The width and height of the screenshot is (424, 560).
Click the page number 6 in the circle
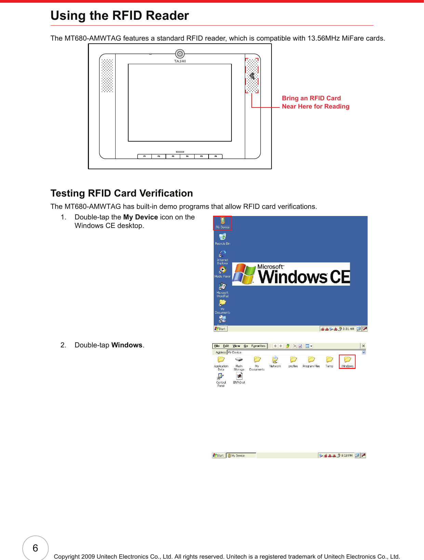(x=35, y=548)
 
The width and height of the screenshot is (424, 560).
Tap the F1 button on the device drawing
(x=145, y=156)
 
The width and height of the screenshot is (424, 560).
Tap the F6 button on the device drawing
(x=215, y=156)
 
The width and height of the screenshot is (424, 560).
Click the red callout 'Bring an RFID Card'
(x=311, y=98)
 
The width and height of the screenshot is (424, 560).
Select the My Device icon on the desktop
(x=223, y=223)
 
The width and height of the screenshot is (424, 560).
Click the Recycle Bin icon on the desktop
(x=223, y=239)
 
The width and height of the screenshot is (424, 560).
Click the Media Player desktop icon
(x=223, y=272)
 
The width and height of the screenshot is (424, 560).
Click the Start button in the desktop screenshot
(x=220, y=329)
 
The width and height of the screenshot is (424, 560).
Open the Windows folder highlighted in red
(x=347, y=361)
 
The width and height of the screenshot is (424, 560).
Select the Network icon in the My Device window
(x=275, y=361)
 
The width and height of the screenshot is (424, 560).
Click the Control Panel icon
(x=221, y=378)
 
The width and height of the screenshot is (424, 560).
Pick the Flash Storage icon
(x=239, y=362)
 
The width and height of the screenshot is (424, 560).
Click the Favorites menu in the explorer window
(x=258, y=346)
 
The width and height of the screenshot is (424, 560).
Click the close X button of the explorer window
(x=363, y=346)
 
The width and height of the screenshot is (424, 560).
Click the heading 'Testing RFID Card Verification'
(x=122, y=193)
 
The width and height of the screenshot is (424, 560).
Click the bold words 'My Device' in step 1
(x=140, y=217)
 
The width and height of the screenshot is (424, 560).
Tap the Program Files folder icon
(x=311, y=361)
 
